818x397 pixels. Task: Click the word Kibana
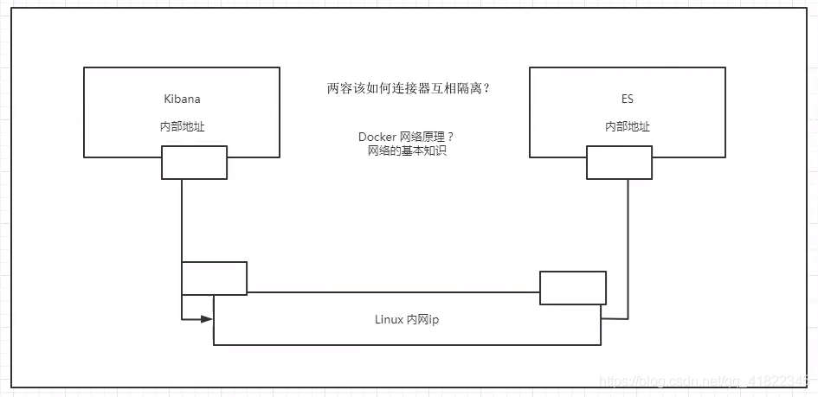(x=182, y=99)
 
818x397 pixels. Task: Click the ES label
(x=628, y=99)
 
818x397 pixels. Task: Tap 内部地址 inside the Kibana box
(x=182, y=126)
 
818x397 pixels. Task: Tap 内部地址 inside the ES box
(x=628, y=126)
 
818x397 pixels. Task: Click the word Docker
(x=377, y=138)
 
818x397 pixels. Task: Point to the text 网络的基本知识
(x=407, y=150)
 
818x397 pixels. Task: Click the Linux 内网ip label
(x=407, y=319)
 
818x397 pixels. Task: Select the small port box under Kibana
(x=194, y=162)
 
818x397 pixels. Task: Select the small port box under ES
(x=619, y=162)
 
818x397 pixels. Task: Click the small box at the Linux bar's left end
(x=214, y=278)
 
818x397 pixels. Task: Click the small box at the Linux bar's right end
(x=572, y=288)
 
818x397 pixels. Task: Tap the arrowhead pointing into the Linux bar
(x=208, y=318)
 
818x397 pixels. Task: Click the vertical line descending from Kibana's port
(x=182, y=221)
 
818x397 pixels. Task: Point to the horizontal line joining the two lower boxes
(x=394, y=292)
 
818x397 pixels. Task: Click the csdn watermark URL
(x=705, y=380)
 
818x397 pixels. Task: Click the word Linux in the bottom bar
(x=389, y=319)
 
